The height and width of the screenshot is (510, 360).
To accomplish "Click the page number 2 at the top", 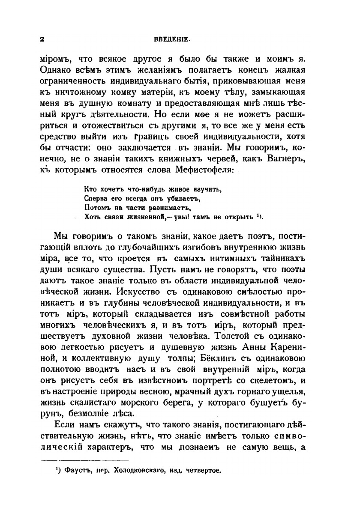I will [42, 39].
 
